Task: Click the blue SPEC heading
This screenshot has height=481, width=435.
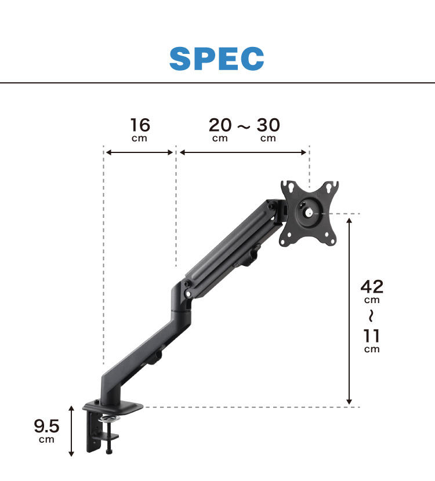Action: pyautogui.click(x=217, y=59)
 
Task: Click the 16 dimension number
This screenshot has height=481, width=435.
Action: pyautogui.click(x=140, y=125)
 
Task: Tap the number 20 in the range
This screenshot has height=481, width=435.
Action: pyautogui.click(x=220, y=125)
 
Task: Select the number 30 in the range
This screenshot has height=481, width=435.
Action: pyautogui.click(x=268, y=125)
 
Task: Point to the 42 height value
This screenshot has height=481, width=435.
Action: pyautogui.click(x=372, y=287)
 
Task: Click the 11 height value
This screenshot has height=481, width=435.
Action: pyautogui.click(x=371, y=336)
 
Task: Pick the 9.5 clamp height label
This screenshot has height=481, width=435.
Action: pyautogui.click(x=46, y=426)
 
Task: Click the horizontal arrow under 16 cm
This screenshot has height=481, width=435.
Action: pyautogui.click(x=139, y=152)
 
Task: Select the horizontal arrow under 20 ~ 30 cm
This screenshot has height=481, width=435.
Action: pyautogui.click(x=243, y=152)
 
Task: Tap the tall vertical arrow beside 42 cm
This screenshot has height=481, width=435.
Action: pyautogui.click(x=349, y=311)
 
